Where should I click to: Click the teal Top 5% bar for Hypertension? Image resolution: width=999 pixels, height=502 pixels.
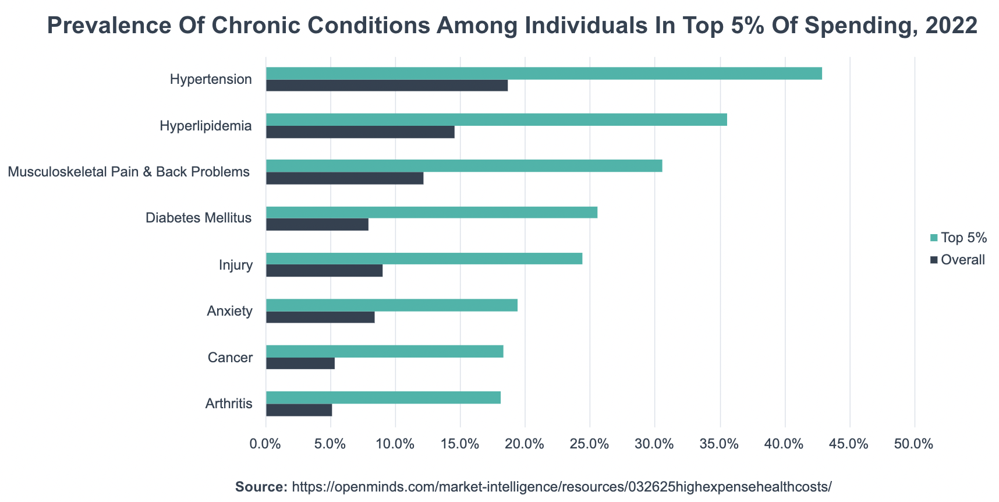(x=544, y=73)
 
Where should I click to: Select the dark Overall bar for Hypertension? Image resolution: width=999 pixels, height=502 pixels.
(x=387, y=86)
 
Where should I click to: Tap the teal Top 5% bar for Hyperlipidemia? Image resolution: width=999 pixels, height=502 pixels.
(x=496, y=120)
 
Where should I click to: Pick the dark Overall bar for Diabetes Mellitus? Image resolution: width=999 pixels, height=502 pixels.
(x=317, y=225)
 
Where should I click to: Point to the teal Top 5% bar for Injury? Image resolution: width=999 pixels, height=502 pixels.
(x=424, y=259)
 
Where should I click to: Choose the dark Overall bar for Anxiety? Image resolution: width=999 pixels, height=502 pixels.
(x=320, y=317)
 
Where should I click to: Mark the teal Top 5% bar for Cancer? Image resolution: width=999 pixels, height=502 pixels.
(x=384, y=351)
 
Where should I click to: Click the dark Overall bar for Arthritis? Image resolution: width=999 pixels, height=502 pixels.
(x=299, y=410)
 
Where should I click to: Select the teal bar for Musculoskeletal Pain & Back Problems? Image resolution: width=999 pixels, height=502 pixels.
(x=463, y=166)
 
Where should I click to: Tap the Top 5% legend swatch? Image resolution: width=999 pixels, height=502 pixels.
(x=934, y=238)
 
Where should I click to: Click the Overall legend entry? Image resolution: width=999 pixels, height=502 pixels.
(x=962, y=260)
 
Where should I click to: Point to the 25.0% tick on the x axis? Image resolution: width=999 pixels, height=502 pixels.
(x=590, y=444)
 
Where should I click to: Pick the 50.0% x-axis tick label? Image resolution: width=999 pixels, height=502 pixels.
(x=914, y=444)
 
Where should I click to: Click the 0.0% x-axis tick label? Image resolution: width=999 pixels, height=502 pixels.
(x=265, y=444)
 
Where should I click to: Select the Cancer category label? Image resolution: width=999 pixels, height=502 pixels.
(x=230, y=358)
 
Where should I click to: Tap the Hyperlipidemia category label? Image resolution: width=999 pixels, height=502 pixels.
(x=206, y=126)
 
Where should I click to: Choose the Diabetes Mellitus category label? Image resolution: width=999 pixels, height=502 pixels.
(x=199, y=218)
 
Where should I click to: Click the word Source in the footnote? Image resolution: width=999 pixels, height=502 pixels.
(x=261, y=486)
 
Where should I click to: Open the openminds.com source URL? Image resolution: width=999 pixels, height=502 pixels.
(x=561, y=486)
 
